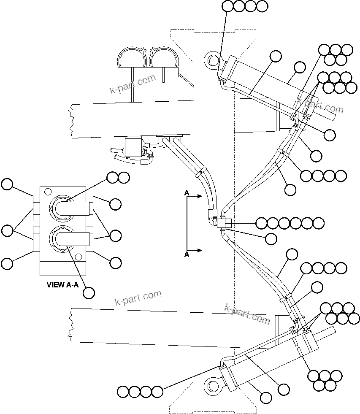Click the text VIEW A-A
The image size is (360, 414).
point(62,285)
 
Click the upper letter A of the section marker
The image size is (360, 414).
point(186,193)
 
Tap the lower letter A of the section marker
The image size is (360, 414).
point(186,254)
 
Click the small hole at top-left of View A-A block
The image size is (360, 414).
point(45,192)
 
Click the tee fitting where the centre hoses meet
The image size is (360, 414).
point(222,222)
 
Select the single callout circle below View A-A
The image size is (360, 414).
point(89,292)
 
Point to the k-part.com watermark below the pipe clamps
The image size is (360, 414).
point(133,84)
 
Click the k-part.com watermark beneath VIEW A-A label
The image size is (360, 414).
point(138,298)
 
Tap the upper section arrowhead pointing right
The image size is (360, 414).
point(200,196)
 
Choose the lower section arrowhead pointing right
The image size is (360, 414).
point(200,250)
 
